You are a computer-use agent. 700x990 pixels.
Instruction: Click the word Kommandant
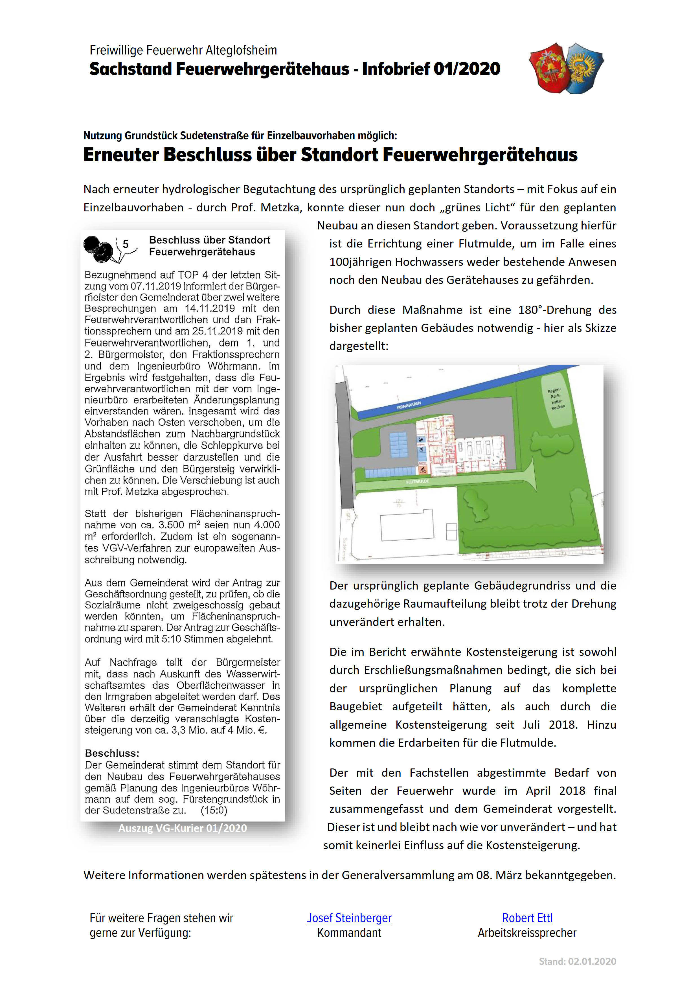coord(349,933)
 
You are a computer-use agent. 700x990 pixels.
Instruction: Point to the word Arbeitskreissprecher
coord(527,933)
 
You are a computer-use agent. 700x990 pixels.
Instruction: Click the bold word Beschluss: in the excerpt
coord(112,753)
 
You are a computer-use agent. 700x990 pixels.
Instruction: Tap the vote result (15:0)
coord(214,810)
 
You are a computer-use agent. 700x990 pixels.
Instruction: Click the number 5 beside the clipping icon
coord(126,244)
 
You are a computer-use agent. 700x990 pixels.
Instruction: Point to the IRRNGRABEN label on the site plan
coord(408,405)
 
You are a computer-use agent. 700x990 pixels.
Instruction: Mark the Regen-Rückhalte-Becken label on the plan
coord(556,399)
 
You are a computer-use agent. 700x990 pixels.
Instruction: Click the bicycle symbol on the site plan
coord(423,470)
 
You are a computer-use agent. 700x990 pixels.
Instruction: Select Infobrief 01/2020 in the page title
coord(431,69)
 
